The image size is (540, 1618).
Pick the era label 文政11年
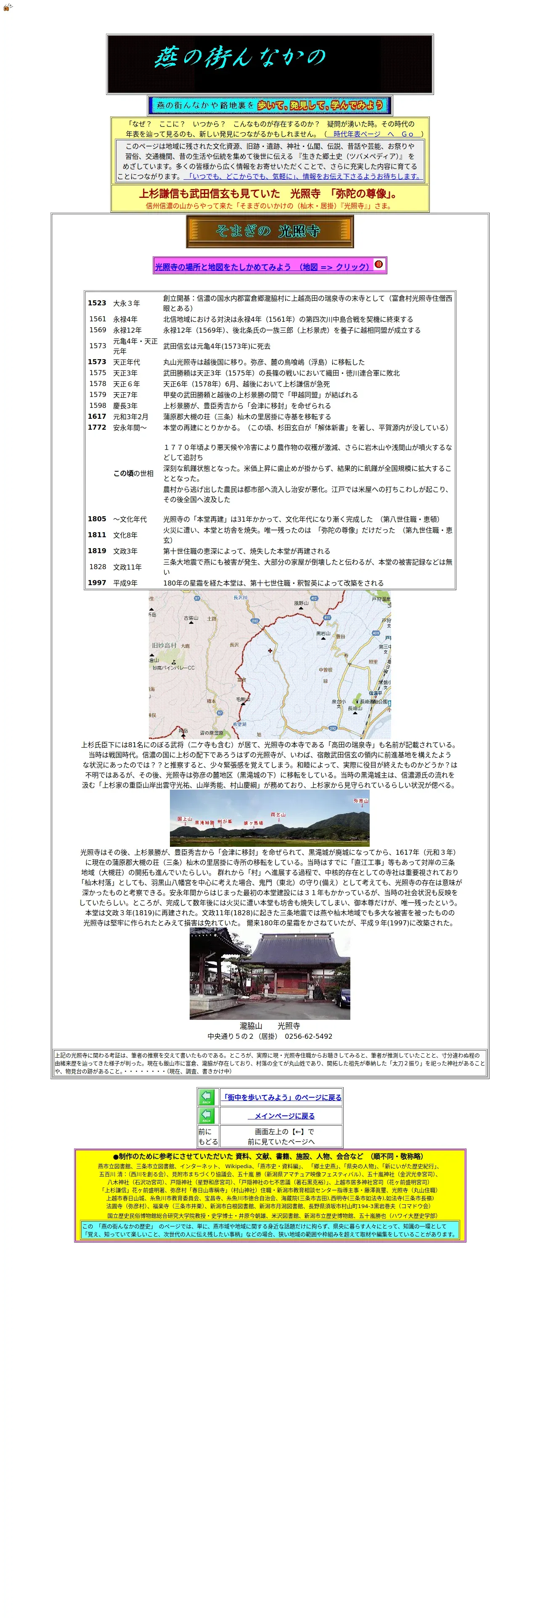[127, 567]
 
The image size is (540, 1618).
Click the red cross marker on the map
[270, 651]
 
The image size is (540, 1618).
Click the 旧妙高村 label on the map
[164, 645]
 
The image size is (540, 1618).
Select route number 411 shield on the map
[327, 618]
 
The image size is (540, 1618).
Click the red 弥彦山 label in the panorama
[360, 801]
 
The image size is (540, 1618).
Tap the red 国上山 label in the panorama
[184, 819]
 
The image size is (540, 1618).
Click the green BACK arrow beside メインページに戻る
[207, 1116]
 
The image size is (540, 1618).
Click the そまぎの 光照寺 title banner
[270, 231]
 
